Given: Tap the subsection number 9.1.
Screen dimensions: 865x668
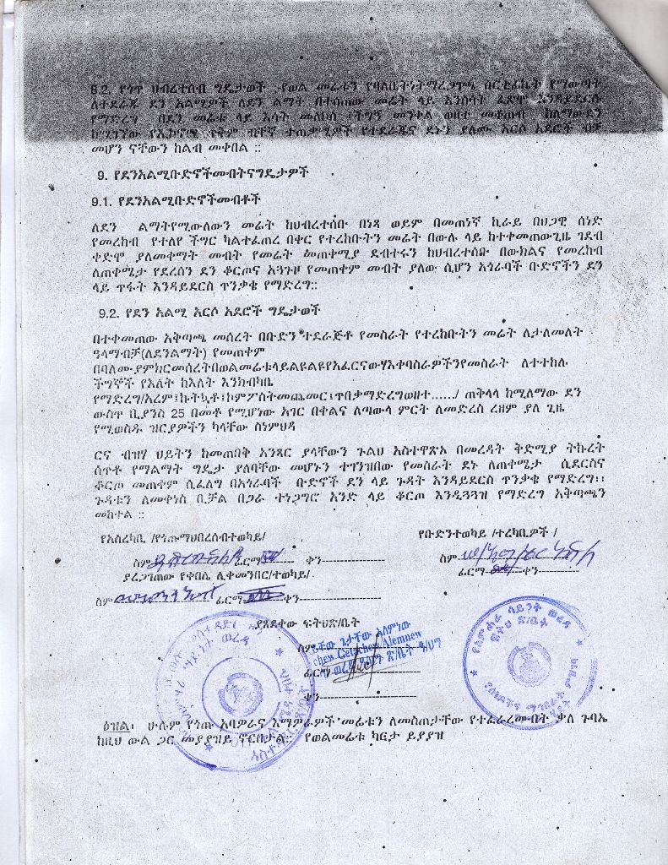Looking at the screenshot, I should (x=104, y=203).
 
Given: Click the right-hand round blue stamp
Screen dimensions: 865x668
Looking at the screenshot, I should (x=530, y=662).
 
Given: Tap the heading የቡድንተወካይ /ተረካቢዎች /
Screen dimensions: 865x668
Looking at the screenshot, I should (x=487, y=533).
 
